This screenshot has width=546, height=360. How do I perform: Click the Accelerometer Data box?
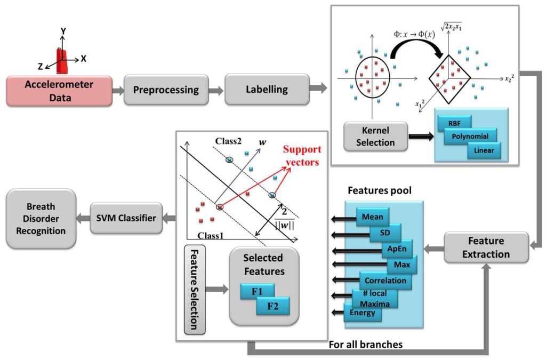click(x=59, y=91)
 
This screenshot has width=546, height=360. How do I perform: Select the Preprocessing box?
click(x=166, y=90)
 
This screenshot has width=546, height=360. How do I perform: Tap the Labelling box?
click(x=267, y=90)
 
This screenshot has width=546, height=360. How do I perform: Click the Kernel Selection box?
click(x=375, y=137)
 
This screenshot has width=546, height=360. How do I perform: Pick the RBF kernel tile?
click(x=454, y=123)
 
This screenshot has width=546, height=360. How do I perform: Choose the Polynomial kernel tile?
click(x=470, y=136)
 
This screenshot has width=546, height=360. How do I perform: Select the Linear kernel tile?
click(x=484, y=150)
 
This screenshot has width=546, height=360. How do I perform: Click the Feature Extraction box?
click(x=486, y=247)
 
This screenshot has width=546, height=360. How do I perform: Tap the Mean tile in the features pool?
click(x=373, y=217)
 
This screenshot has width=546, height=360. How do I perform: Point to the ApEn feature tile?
click(x=397, y=249)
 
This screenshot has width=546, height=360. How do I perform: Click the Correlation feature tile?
click(x=386, y=281)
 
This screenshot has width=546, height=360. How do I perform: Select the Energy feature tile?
click(x=363, y=313)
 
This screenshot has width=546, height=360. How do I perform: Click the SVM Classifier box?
click(x=126, y=218)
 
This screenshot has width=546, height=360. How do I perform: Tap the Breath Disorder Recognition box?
click(x=41, y=219)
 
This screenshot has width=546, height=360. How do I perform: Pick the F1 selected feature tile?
click(x=258, y=291)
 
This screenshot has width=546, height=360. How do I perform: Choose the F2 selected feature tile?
click(x=272, y=306)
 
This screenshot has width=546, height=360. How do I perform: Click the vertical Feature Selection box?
click(x=195, y=290)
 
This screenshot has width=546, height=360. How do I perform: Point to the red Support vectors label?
click(x=302, y=156)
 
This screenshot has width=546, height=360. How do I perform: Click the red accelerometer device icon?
click(x=62, y=61)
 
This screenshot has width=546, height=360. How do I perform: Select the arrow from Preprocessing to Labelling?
click(x=216, y=91)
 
